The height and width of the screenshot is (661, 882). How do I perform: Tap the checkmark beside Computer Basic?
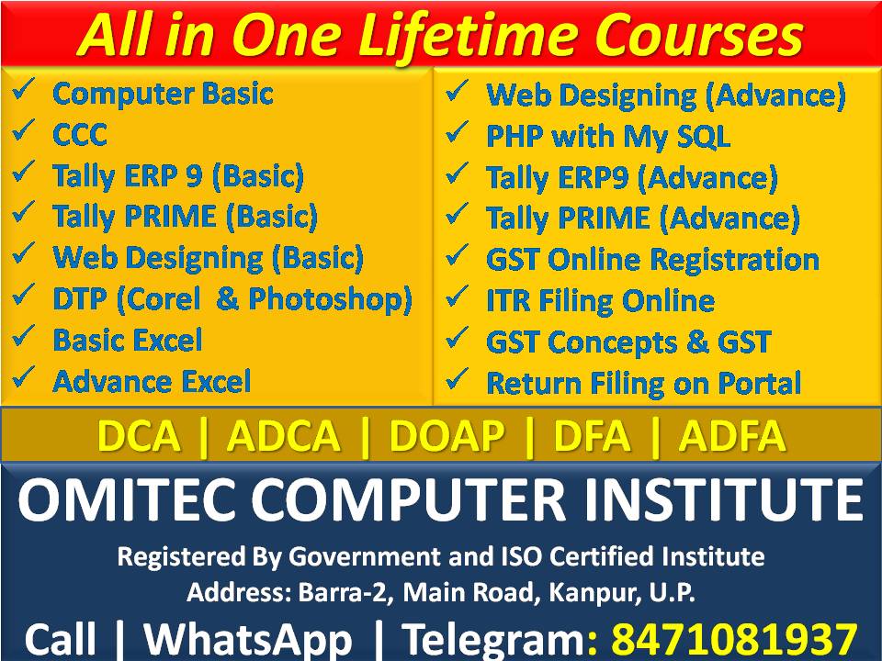tap(25, 92)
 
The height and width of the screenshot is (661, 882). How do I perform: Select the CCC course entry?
tap(80, 135)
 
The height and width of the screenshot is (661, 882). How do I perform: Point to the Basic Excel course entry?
tap(128, 340)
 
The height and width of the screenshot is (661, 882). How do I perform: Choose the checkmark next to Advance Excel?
tap(25, 377)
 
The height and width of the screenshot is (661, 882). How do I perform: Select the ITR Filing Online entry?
tap(600, 300)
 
